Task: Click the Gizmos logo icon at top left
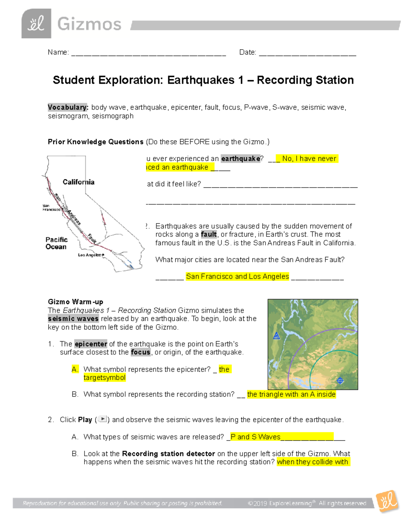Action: click(x=36, y=24)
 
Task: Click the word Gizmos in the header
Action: click(x=89, y=24)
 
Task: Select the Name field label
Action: click(x=58, y=52)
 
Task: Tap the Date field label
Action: click(x=248, y=52)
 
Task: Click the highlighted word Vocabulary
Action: click(x=68, y=107)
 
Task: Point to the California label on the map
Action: click(x=78, y=182)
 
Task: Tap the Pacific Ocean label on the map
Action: click(x=56, y=243)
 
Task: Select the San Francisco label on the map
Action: click(x=51, y=208)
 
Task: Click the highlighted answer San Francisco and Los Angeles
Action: click(x=237, y=276)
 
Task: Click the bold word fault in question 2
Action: click(x=208, y=234)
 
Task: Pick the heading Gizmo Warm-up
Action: click(x=75, y=302)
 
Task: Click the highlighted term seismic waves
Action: click(x=73, y=319)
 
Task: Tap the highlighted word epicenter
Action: click(x=91, y=344)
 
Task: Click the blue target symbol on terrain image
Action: click(x=340, y=380)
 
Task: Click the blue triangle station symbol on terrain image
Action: click(x=276, y=336)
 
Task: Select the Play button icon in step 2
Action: click(x=102, y=419)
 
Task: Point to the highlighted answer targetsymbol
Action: click(x=104, y=377)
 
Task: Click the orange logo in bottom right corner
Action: click(x=388, y=501)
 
